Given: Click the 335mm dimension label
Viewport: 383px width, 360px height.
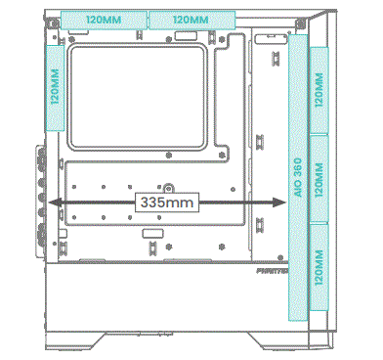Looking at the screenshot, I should point(167,202).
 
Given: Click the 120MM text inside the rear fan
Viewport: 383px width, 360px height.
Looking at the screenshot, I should point(55,89).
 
